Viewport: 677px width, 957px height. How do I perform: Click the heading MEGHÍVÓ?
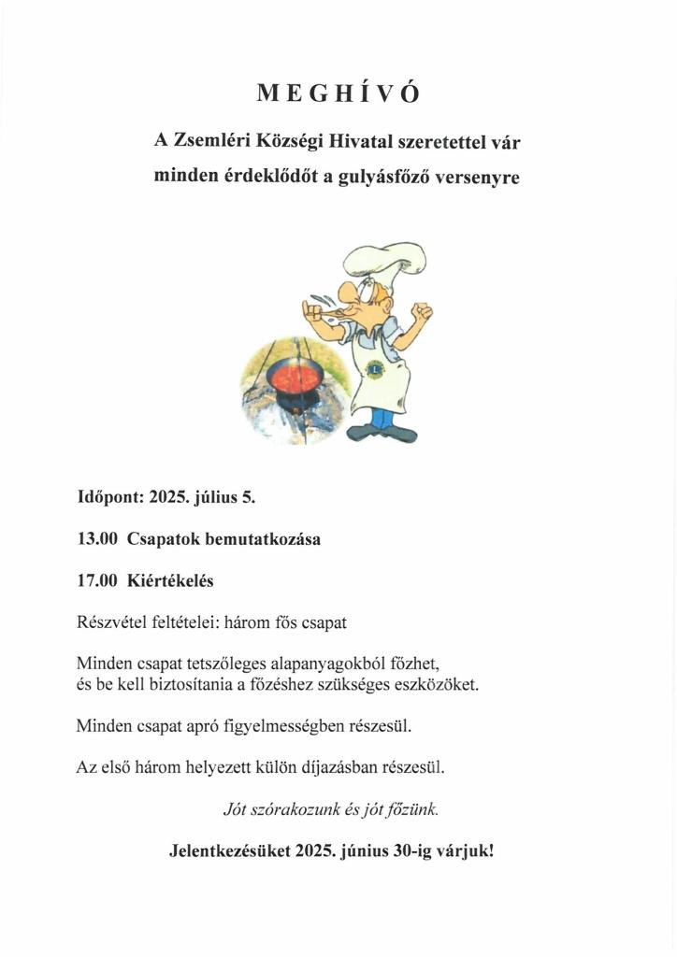point(338,93)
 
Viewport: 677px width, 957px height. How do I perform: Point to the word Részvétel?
point(111,621)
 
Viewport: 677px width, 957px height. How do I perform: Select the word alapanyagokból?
point(322,664)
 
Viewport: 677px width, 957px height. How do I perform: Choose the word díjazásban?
point(331,768)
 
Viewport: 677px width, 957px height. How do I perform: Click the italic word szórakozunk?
point(292,809)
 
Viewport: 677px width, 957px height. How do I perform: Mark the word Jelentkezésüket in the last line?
point(230,851)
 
